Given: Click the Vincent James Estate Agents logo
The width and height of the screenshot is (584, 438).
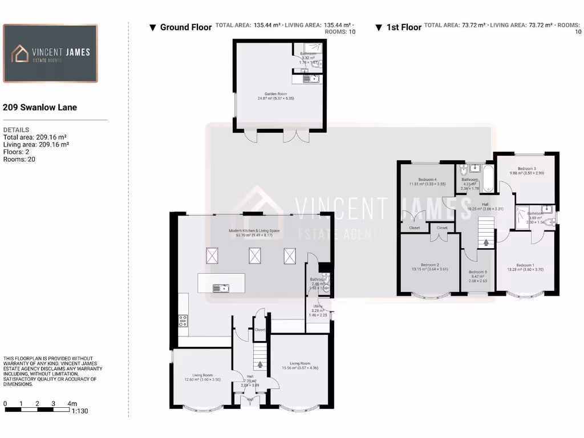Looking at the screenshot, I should point(50,54).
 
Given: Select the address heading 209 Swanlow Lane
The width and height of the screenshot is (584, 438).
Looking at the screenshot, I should point(40,107).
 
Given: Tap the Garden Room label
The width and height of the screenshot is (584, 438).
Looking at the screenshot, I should point(275,94).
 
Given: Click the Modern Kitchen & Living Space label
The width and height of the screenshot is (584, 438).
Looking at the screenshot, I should point(251,231).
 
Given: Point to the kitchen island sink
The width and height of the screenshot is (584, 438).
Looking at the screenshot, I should point(219,288).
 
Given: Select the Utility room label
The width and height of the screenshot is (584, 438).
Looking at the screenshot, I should point(318,306).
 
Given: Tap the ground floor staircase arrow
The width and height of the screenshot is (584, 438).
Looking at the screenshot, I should point(260,364).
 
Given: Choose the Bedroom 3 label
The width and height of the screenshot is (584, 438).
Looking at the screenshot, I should point(526,169).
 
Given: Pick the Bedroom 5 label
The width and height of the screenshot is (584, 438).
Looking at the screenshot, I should point(477,272).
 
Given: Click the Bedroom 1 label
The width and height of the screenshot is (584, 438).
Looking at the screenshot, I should point(525,265).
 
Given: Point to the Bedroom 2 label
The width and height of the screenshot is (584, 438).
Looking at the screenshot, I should point(429,265).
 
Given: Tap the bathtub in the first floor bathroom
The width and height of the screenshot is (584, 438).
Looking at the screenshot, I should point(488,179).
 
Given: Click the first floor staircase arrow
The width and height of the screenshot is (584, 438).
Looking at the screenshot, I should point(486,242).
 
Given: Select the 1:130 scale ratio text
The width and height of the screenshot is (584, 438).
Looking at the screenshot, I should point(79,411).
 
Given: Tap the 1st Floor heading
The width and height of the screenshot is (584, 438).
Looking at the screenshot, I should point(404,27).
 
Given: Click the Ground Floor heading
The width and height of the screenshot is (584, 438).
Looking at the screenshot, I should point(185,27).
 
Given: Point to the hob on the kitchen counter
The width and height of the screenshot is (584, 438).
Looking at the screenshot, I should point(183,321).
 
